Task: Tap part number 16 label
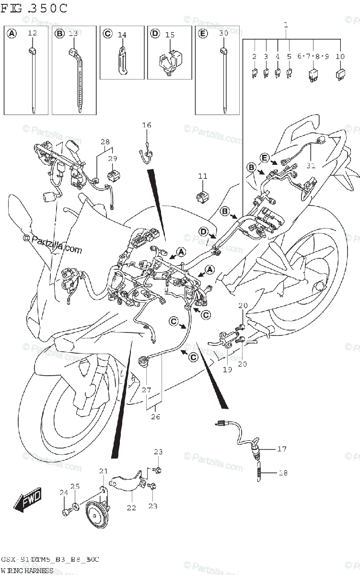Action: [x=146, y=125]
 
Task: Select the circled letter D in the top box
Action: [x=155, y=34]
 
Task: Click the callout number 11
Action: [x=203, y=176]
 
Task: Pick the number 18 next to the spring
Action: [x=283, y=472]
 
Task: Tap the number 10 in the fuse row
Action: [x=340, y=57]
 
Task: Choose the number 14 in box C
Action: [x=122, y=34]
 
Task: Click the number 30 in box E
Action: [x=223, y=33]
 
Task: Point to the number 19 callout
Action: [x=227, y=369]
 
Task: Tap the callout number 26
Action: [x=155, y=416]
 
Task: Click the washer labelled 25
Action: [x=76, y=506]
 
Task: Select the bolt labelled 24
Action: [x=66, y=512]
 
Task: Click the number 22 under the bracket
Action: [x=131, y=508]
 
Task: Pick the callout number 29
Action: [x=112, y=158]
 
